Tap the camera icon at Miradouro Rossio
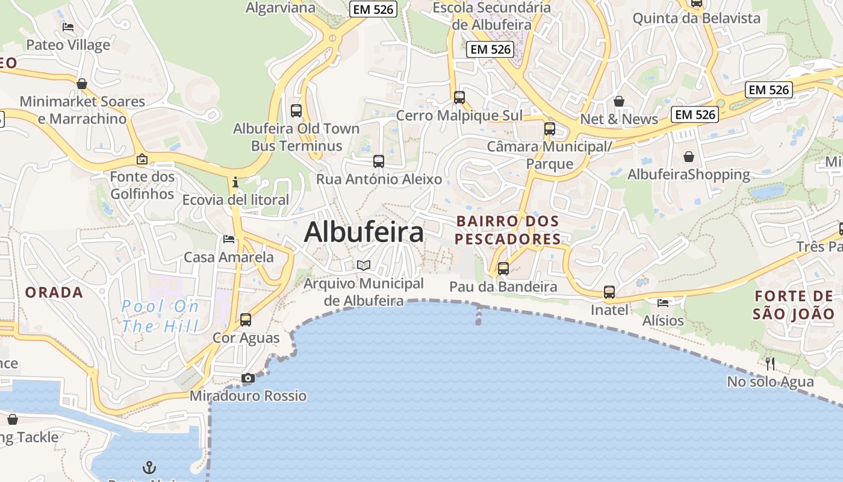[x=247, y=378]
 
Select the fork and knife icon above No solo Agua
[x=770, y=363]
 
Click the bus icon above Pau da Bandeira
[x=503, y=269]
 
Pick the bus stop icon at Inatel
[x=609, y=292]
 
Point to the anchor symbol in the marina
[x=149, y=468]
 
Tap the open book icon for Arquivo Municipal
[x=363, y=265]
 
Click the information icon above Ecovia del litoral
[x=235, y=181]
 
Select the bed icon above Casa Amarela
[x=229, y=239]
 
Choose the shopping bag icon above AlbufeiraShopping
[x=689, y=157]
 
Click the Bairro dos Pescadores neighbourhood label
[x=508, y=230]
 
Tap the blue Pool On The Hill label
[x=160, y=316]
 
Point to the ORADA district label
[x=54, y=292]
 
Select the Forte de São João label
[x=794, y=305]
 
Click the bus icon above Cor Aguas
[x=246, y=320]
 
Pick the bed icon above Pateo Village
[x=68, y=27]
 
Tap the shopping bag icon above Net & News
[x=618, y=101]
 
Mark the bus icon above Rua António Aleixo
[x=379, y=161]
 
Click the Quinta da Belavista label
[x=696, y=18]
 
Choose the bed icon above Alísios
[x=663, y=302]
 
